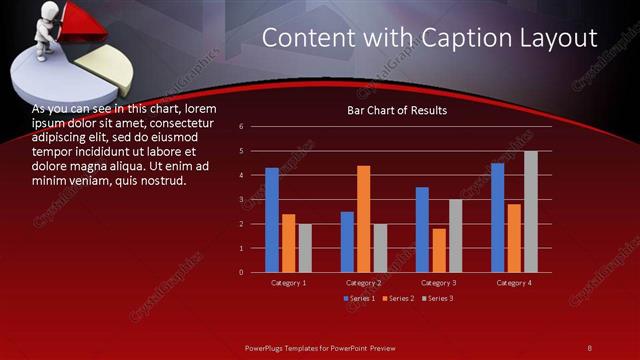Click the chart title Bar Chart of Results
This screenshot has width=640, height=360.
pos(397,110)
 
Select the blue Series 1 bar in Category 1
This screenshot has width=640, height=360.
pos(272,220)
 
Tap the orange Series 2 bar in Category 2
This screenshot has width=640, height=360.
pos(363,218)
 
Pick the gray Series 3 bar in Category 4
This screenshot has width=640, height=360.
pos(530,212)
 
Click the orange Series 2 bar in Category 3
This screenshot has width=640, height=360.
pos(438,250)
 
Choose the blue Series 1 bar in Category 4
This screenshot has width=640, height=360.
pos(497,217)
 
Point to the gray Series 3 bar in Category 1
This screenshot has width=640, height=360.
pos(305,247)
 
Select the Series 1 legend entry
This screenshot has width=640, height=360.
pos(361,299)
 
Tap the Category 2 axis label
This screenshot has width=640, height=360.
pos(363,283)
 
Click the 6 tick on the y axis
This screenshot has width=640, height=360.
pos(241,127)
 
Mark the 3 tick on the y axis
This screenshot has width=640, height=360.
pos(241,199)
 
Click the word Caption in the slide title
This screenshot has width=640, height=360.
pos(453,38)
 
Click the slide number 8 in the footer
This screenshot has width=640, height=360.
pos(590,347)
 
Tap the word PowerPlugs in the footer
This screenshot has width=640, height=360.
pos(270,347)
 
